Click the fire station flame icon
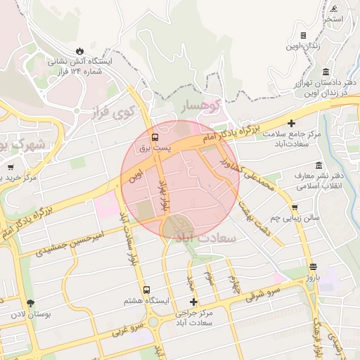(x=79, y=51)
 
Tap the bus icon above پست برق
(x=155, y=136)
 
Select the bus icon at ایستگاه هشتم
(x=147, y=290)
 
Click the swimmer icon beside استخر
(x=333, y=8)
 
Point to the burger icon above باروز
(x=313, y=267)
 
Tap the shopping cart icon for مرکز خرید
(x=11, y=167)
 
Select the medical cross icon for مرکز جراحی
(x=194, y=302)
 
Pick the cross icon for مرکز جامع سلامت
(x=291, y=122)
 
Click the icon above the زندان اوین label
(x=303, y=35)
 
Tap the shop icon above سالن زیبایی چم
(x=294, y=207)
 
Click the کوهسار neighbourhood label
(x=202, y=105)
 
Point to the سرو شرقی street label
(x=263, y=295)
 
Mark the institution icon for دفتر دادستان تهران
(x=326, y=72)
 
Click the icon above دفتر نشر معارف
(x=319, y=165)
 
